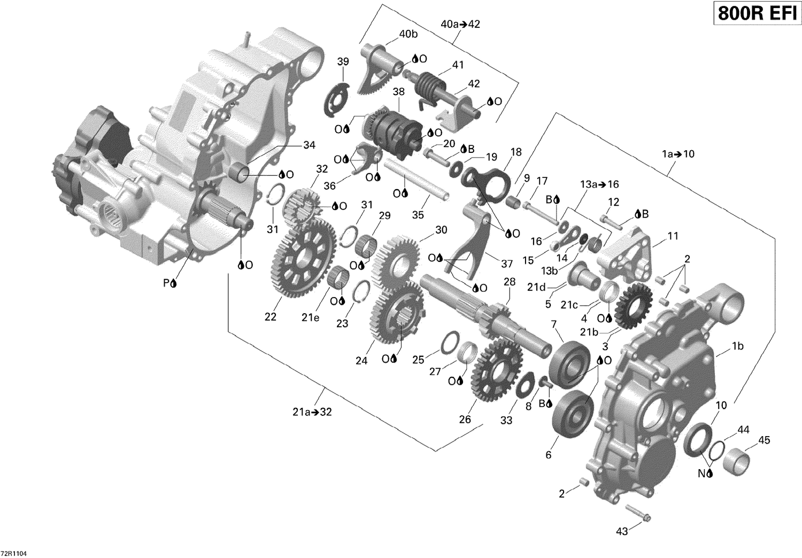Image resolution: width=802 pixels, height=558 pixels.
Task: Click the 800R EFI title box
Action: [x=755, y=13]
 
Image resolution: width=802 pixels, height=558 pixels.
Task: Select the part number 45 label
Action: [x=764, y=440]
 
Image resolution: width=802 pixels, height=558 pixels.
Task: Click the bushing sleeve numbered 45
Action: [x=735, y=460]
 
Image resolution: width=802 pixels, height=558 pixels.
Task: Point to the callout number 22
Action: [x=271, y=316]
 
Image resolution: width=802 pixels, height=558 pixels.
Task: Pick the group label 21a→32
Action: [x=311, y=412]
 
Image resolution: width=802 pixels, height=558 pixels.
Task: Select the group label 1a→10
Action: [x=678, y=154]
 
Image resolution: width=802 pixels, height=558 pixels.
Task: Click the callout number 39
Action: [x=343, y=62]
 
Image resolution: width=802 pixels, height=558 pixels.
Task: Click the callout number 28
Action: [x=510, y=282]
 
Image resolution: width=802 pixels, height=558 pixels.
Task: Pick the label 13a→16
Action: [x=599, y=184]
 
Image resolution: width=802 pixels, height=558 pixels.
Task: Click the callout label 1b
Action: [x=737, y=346]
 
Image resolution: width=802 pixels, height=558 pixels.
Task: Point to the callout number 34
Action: [x=309, y=145]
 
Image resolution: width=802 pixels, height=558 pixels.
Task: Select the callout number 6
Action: [x=548, y=455]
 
